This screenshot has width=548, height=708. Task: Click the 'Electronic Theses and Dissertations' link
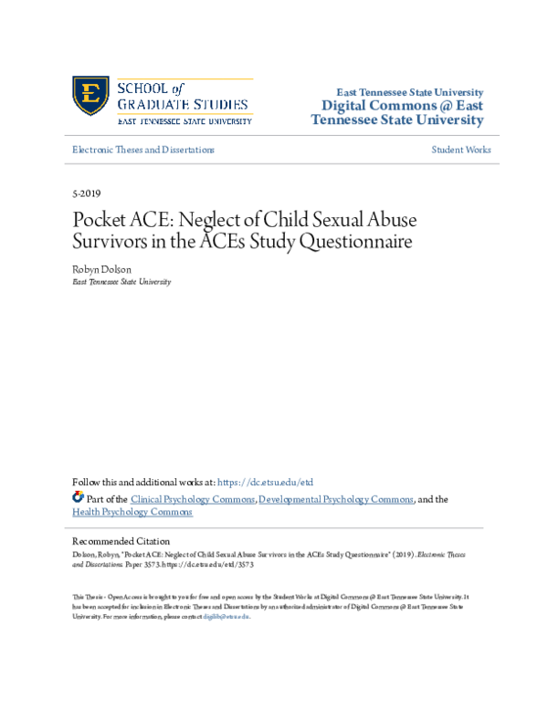pyautogui.click(x=143, y=150)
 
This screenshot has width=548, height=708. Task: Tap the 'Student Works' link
pyautogui.click(x=460, y=150)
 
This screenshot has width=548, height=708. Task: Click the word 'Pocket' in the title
pyautogui.click(x=101, y=222)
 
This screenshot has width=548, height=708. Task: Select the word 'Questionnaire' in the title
pyautogui.click(x=361, y=244)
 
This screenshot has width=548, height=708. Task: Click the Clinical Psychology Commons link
pyautogui.click(x=193, y=499)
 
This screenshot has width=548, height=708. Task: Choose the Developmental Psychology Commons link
pyautogui.click(x=336, y=499)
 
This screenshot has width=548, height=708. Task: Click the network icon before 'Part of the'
pyautogui.click(x=77, y=498)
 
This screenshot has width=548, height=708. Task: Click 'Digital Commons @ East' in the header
pyautogui.click(x=398, y=107)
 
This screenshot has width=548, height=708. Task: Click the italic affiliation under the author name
pyautogui.click(x=121, y=283)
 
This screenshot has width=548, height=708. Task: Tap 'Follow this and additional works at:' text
pyautogui.click(x=143, y=482)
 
